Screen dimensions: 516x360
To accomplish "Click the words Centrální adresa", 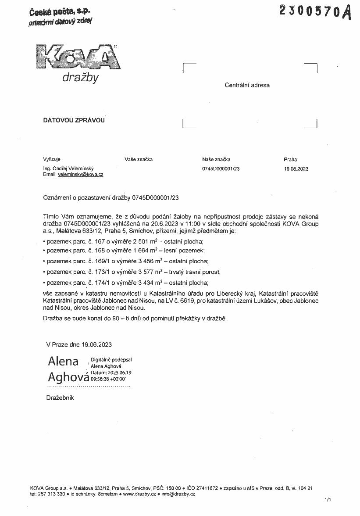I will pos(247,86).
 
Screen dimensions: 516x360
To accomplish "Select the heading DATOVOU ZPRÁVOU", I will pos(74,120).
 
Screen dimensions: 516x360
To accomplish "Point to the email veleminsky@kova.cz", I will pos(80,175).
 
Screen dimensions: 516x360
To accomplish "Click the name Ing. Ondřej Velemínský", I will pos(68,168).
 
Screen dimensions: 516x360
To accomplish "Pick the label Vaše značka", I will pos(139,160).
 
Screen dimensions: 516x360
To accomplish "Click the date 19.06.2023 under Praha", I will pos(296,168).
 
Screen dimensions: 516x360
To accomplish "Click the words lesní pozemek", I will pos(186,251).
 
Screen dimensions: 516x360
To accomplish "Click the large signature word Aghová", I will pos(68,377).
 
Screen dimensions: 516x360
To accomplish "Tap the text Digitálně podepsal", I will pos(111,360).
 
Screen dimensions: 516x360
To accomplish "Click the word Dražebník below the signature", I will pos(60,398).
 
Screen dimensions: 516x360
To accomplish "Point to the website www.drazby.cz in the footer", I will pos(139,494).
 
